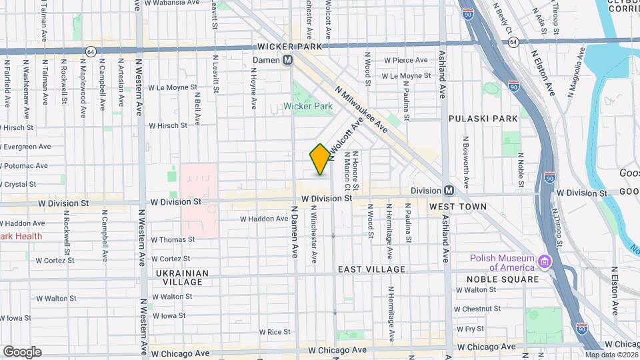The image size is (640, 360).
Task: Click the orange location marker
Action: click(320, 159)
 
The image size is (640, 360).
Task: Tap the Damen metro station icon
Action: click(288, 60)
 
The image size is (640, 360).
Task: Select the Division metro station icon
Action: click(449, 190)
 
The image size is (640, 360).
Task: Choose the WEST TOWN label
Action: click(457, 207)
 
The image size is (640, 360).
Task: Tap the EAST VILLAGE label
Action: click(371, 269)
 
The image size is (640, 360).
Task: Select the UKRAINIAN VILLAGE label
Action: click(182, 278)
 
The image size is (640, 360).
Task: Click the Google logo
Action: click(22, 351)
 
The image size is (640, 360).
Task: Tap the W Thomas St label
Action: click(173, 239)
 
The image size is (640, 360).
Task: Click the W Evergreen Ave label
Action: click(26, 147)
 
